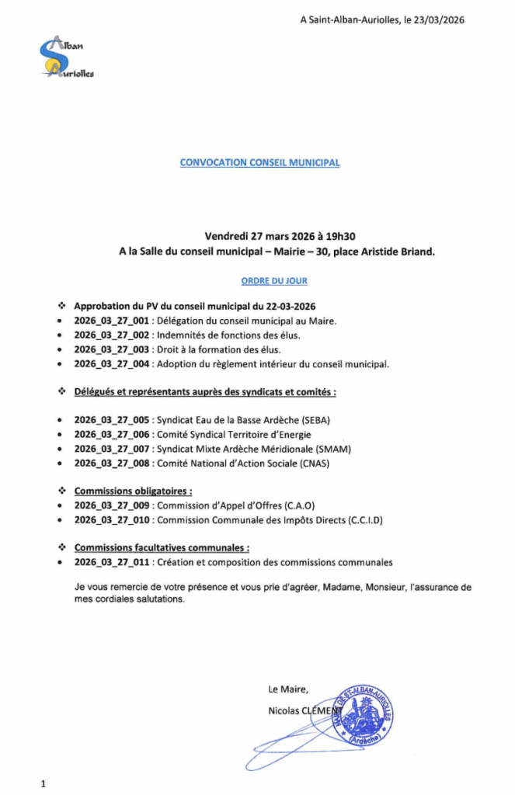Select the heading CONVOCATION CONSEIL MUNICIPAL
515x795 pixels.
coord(259,163)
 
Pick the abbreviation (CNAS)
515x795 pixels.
coord(322,463)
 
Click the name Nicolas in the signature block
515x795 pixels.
coord(284,710)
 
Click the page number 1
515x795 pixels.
coord(43,784)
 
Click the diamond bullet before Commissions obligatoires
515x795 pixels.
coord(63,491)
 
